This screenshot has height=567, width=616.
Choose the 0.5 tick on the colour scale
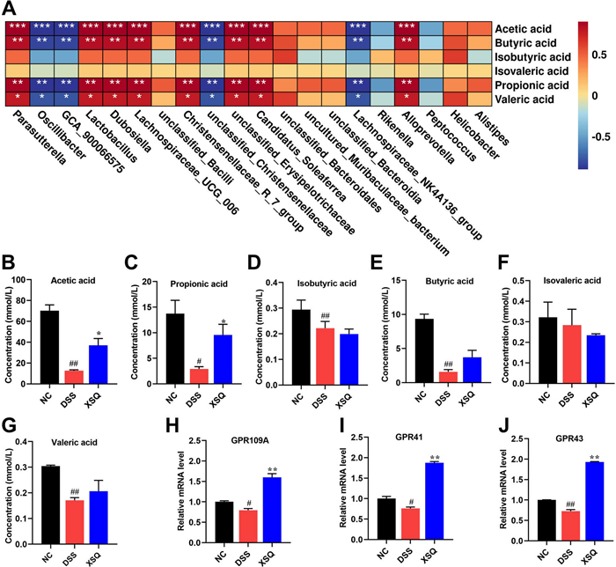tap(603, 53)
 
